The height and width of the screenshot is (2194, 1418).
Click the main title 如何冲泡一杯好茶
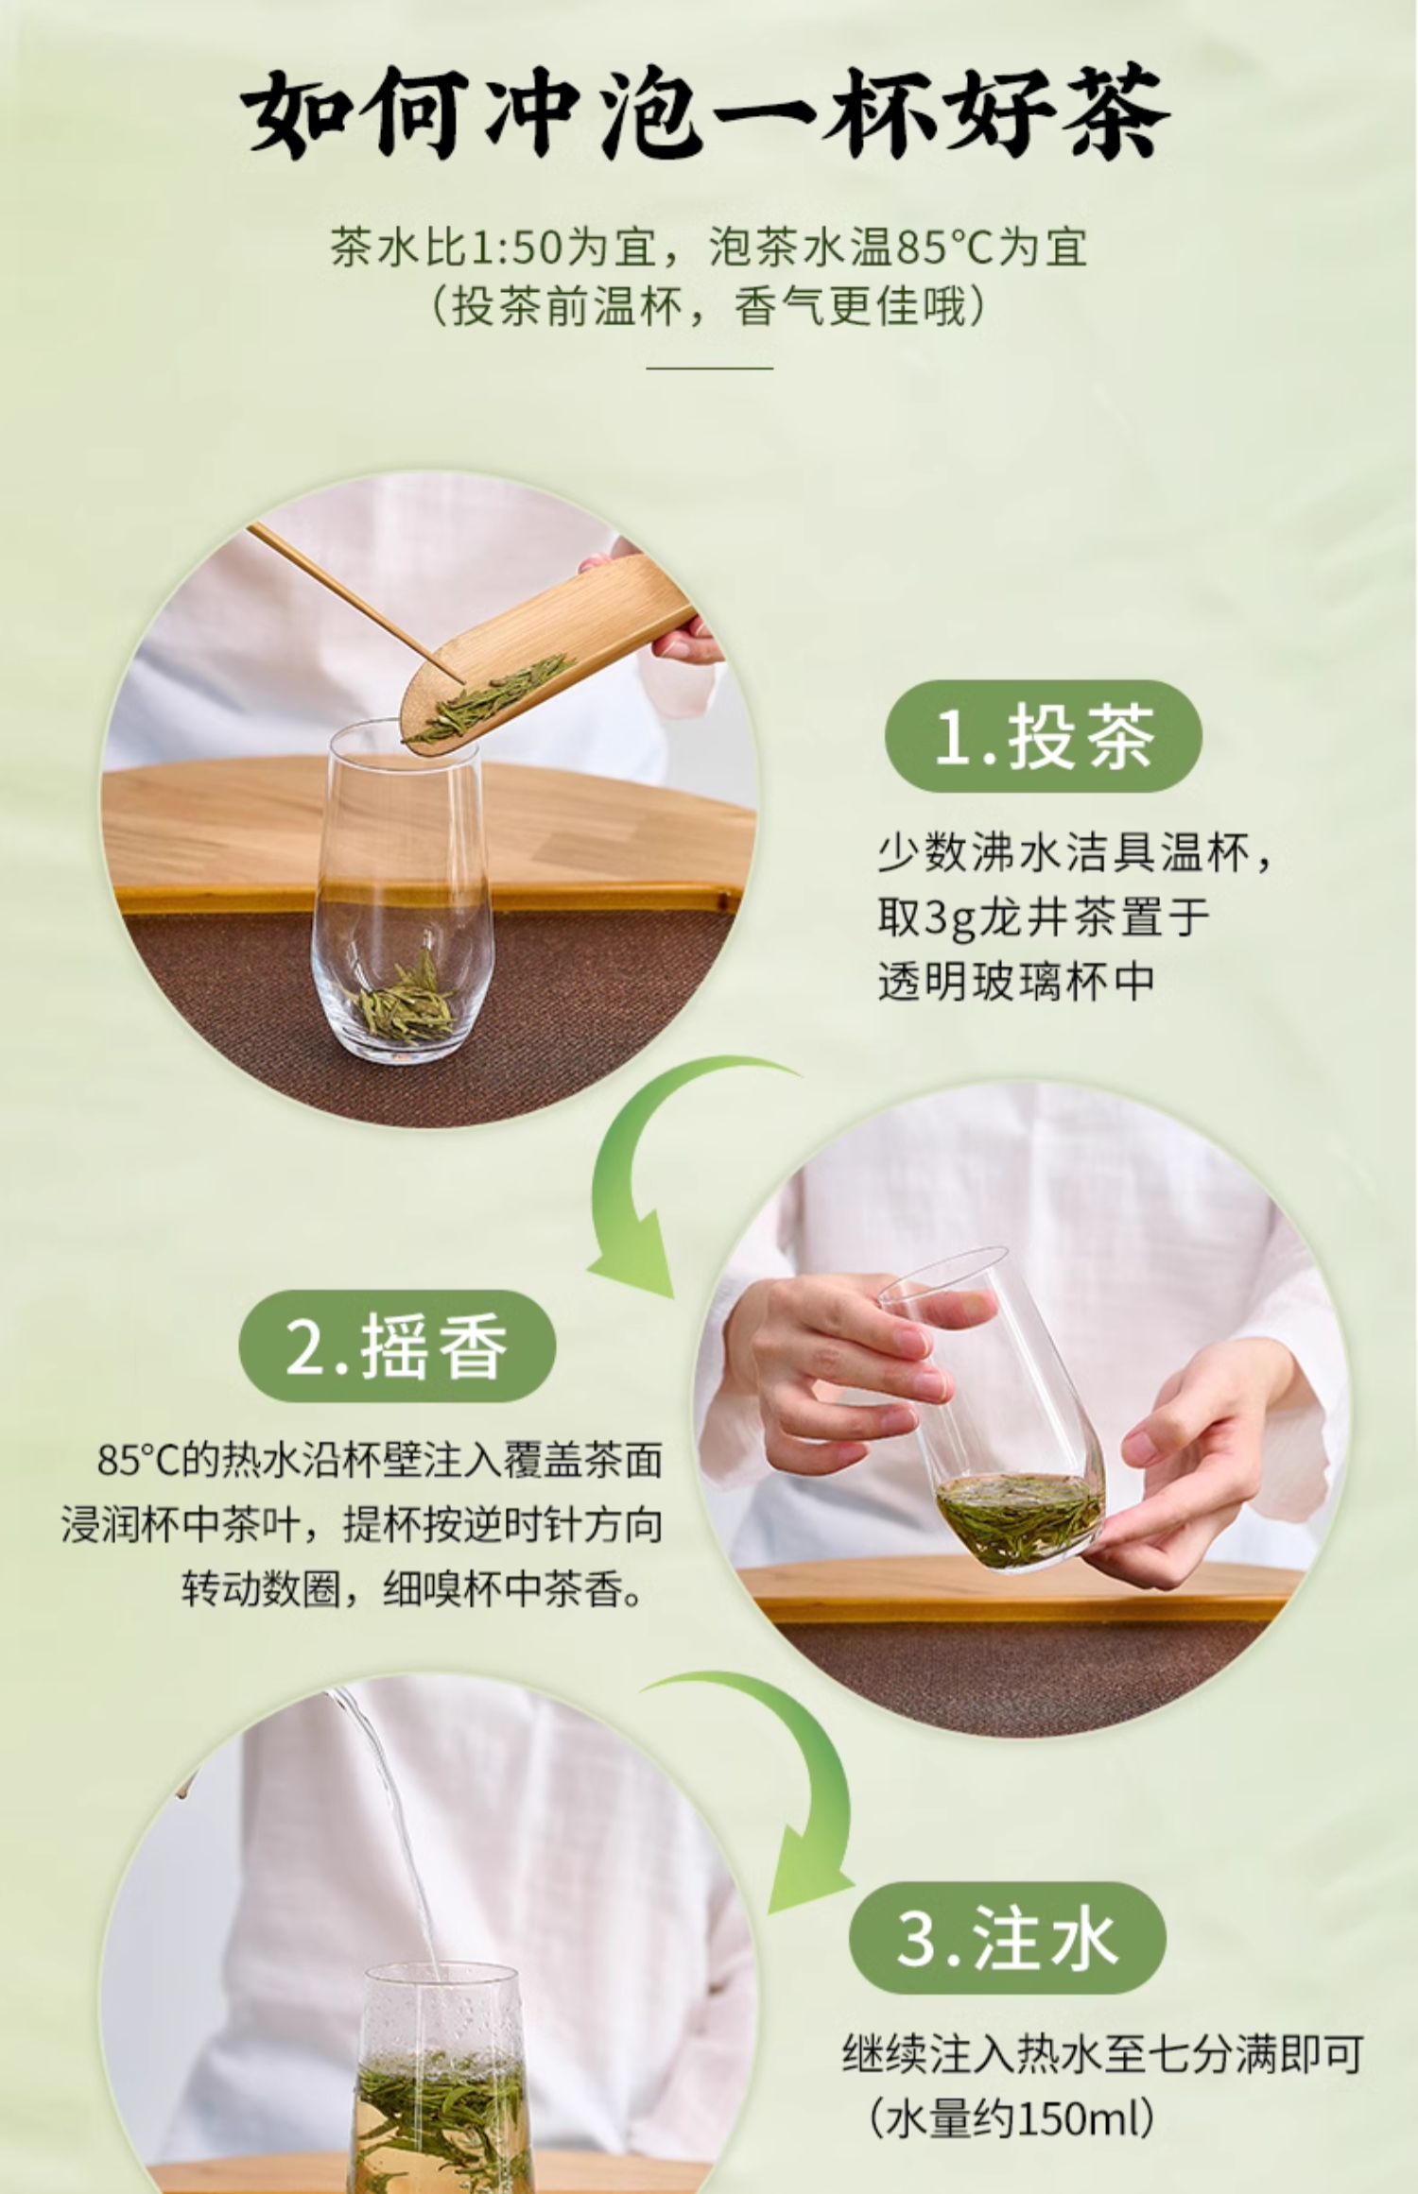coord(707,113)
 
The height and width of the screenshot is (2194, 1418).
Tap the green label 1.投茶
coord(1043,736)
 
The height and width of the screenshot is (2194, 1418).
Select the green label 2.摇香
coord(396,1346)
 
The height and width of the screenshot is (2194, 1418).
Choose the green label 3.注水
coord(1007,1938)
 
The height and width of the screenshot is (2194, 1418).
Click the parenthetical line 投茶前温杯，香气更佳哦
coord(709,307)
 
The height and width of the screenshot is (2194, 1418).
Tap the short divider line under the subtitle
coord(709,368)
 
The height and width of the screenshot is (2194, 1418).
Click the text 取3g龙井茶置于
coord(1044,917)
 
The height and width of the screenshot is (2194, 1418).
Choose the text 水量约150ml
coord(1012,2119)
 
